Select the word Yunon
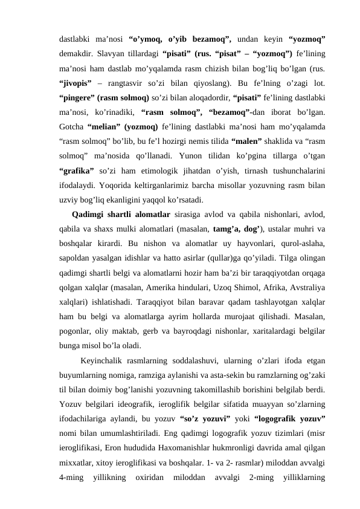pos(179,159)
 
